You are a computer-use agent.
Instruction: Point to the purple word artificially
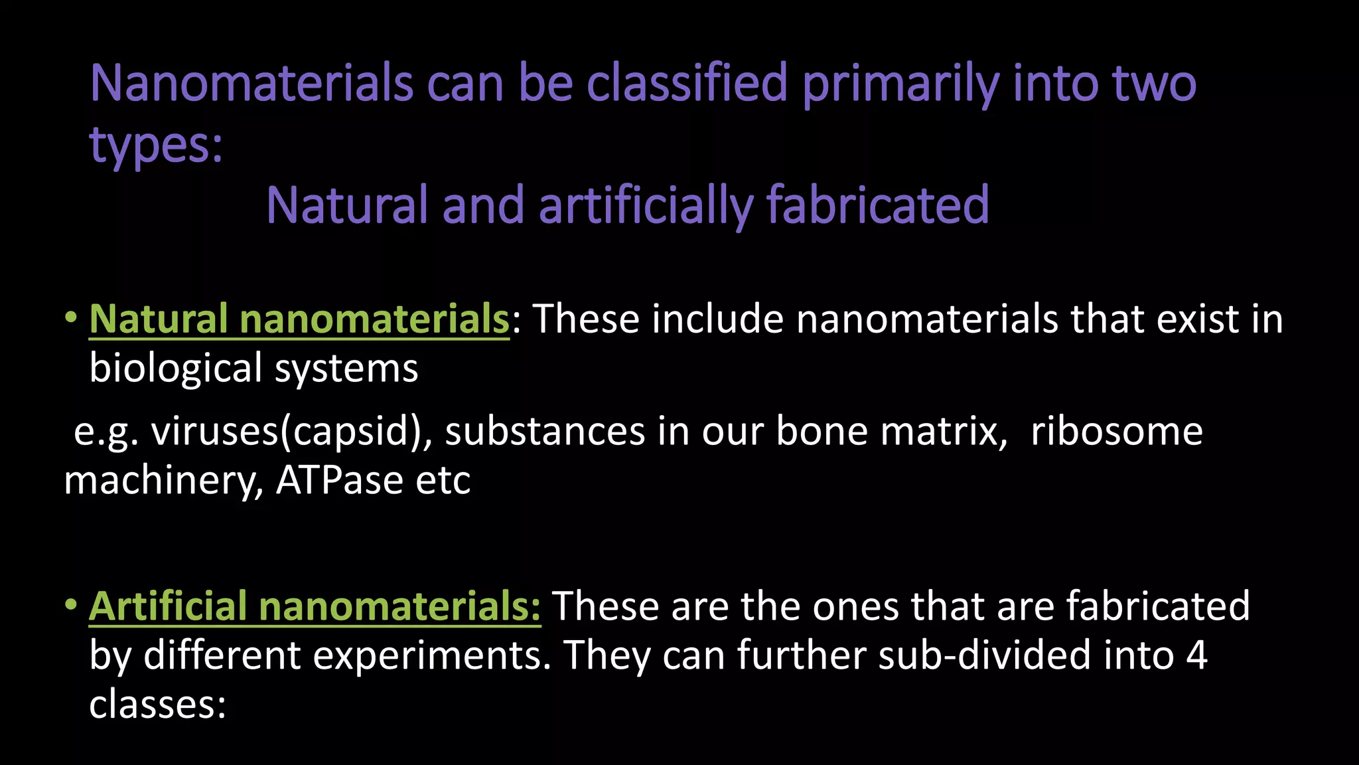coord(646,205)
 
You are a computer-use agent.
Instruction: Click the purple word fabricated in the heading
coord(878,205)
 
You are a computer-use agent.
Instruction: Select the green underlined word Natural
coord(159,319)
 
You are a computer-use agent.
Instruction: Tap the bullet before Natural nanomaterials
coord(70,318)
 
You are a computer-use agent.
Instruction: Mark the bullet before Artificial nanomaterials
coord(70,605)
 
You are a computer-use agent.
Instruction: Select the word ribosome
coord(1116,432)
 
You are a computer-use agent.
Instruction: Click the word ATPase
coord(339,480)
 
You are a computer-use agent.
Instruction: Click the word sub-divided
coord(984,655)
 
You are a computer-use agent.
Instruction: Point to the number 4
coord(1196,655)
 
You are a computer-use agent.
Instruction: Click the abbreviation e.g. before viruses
coord(106,432)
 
